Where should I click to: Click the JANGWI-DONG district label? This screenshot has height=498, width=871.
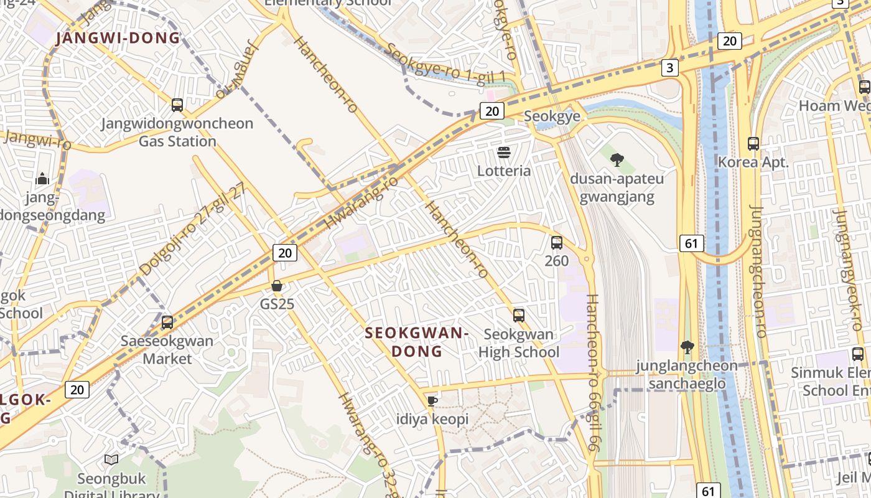coord(118,39)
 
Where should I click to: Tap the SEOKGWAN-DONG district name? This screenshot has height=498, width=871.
coord(416,342)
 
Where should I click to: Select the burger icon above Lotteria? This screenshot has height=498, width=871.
coord(504,153)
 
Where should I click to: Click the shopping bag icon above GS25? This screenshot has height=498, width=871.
coord(277,286)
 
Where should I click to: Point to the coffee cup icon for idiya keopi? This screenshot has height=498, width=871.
coord(432,400)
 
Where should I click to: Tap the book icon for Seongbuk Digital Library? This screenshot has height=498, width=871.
coord(111,459)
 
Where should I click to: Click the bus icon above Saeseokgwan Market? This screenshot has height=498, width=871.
coord(167,322)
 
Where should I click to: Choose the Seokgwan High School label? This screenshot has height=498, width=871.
coord(519,343)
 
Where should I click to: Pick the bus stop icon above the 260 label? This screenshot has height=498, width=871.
coord(557,242)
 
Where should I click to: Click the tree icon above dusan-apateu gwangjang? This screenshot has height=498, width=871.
coord(617,160)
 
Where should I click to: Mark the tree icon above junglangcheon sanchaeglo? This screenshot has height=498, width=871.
coord(687,346)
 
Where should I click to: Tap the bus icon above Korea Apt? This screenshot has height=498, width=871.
coord(753,144)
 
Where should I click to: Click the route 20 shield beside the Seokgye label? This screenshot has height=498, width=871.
coord(491,111)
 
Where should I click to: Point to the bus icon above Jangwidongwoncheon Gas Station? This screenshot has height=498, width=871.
coord(177,105)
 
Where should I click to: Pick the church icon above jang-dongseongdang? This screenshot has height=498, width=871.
coord(42,179)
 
